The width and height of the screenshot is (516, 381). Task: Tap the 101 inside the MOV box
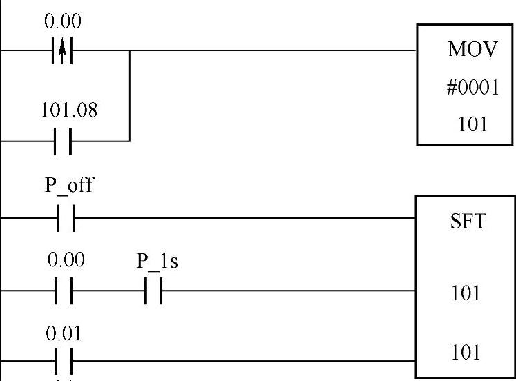[468, 125]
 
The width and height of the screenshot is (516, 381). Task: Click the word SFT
[468, 222]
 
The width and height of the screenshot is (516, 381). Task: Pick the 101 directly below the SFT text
[466, 293]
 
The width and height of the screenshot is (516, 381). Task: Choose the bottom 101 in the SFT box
[466, 353]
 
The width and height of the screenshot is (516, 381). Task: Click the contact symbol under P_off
[64, 218]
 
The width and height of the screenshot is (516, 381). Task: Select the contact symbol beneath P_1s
[153, 291]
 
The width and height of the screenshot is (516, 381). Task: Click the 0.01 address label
[64, 334]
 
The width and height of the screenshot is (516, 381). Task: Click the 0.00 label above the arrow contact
[63, 21]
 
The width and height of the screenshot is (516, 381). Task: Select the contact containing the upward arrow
[63, 50]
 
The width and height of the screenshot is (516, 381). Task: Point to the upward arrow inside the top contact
[63, 50]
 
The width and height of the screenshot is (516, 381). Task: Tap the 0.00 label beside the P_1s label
[66, 261]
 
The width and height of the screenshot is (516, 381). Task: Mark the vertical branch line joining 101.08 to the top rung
[130, 95]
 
